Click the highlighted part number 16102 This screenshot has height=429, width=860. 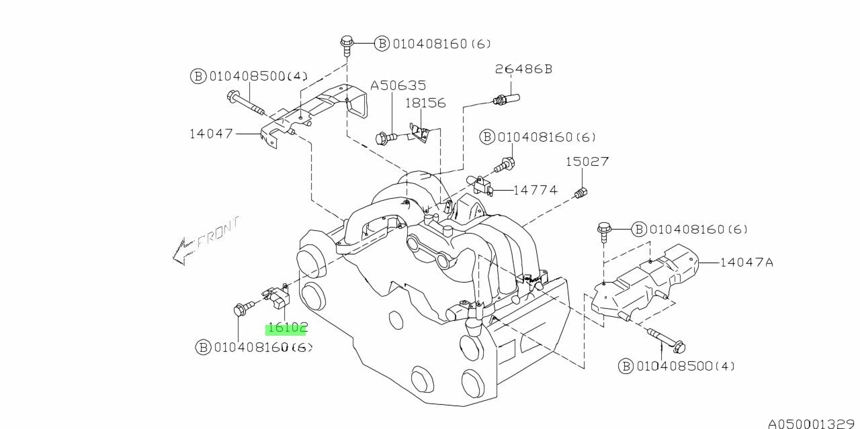pos(287,328)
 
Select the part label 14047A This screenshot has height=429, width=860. pos(746,263)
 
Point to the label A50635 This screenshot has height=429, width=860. pos(398,86)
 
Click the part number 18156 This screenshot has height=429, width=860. pos(425,103)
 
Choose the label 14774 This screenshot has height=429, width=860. pos(535,190)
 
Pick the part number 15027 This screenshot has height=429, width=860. pos(587,162)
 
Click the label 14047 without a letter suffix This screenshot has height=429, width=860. pos(210,134)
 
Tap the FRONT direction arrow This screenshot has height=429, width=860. pos(202,241)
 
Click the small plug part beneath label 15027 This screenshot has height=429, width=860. pos(582,194)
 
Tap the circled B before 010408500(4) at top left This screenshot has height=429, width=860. pos(198,76)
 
